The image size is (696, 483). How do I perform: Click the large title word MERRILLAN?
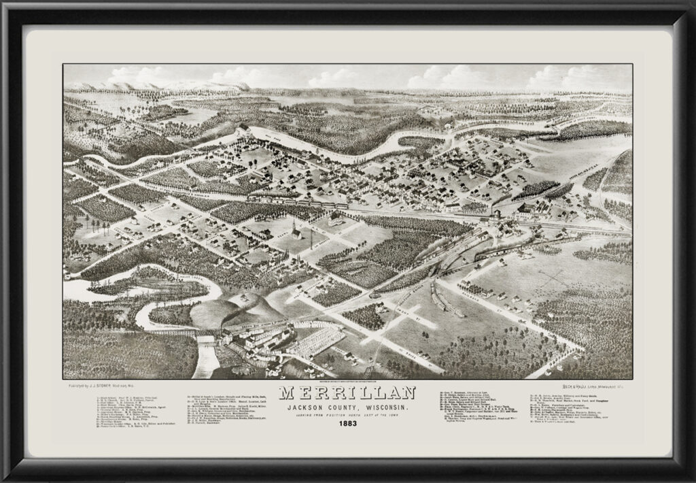(x=347, y=394)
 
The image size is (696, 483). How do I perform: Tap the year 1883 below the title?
(x=347, y=426)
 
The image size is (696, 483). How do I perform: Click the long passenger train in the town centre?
(x=299, y=202)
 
